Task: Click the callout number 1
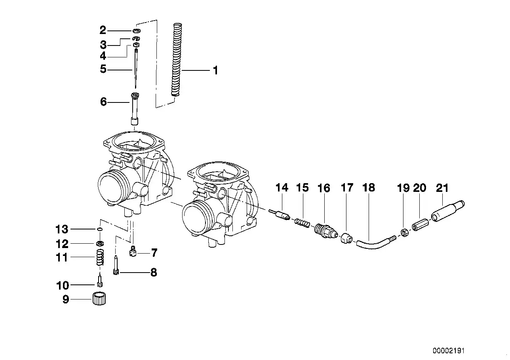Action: click(215, 71)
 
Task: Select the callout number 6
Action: click(103, 102)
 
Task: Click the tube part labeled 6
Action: click(135, 109)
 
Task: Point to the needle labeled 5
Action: click(135, 69)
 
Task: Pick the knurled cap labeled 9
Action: click(100, 299)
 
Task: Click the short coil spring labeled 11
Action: click(101, 257)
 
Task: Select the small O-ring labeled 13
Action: click(100, 229)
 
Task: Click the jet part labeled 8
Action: click(116, 265)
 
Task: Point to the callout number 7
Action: click(154, 252)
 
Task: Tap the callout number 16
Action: click(324, 188)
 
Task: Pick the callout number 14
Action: click(282, 188)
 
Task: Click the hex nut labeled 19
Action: click(405, 233)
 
